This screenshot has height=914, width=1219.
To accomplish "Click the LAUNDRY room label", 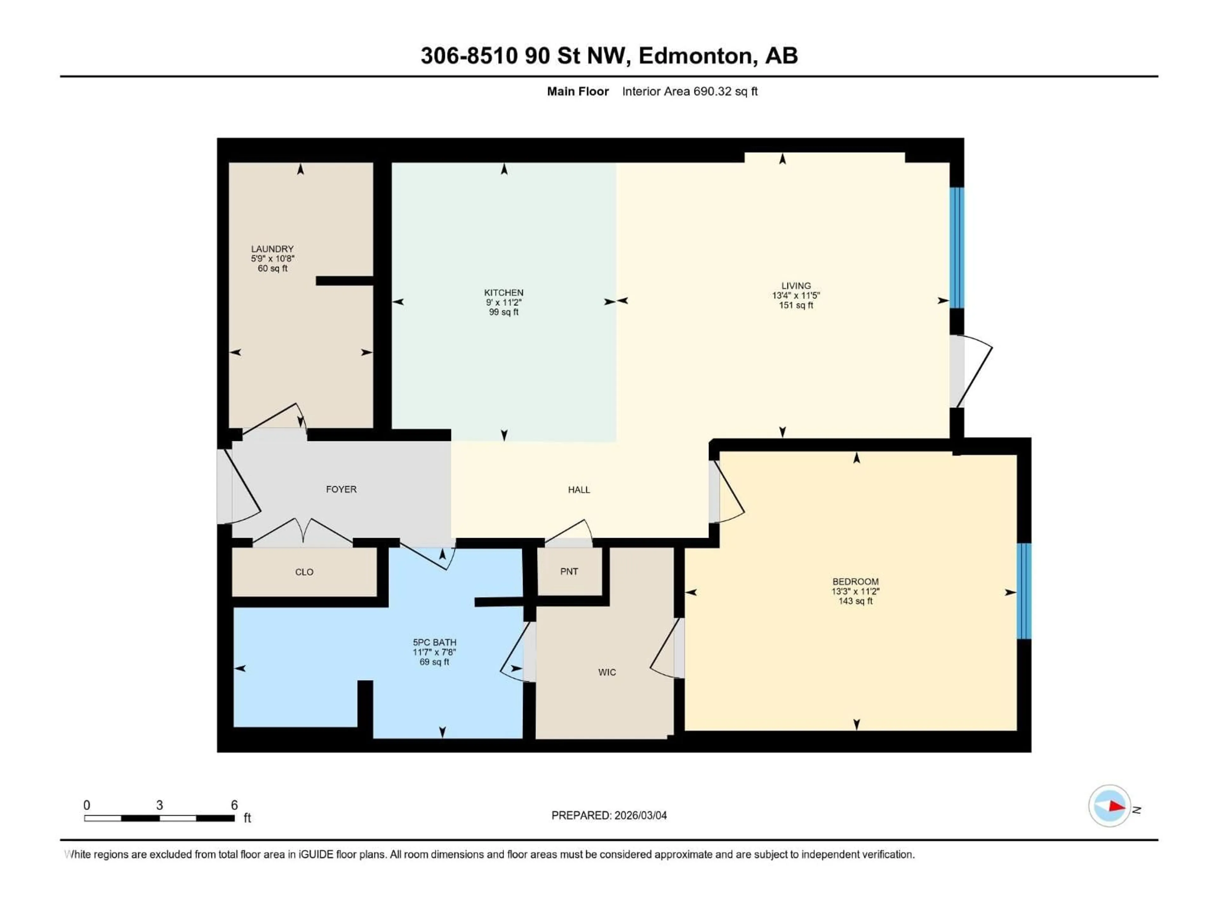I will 272,249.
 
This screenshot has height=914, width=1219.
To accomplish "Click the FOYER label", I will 341,489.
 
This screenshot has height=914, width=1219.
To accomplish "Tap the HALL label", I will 579,490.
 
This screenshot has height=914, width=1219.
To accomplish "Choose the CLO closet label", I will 304,572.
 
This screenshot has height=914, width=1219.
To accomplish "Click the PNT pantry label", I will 569,571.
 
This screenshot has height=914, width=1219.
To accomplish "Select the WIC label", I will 607,672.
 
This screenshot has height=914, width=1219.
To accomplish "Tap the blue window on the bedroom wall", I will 1023,591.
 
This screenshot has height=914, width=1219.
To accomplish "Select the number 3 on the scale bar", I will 160,805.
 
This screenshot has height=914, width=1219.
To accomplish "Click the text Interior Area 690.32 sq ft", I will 689,91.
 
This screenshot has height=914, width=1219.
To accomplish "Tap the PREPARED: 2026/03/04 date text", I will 609,815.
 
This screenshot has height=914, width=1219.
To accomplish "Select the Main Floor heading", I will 577,91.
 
